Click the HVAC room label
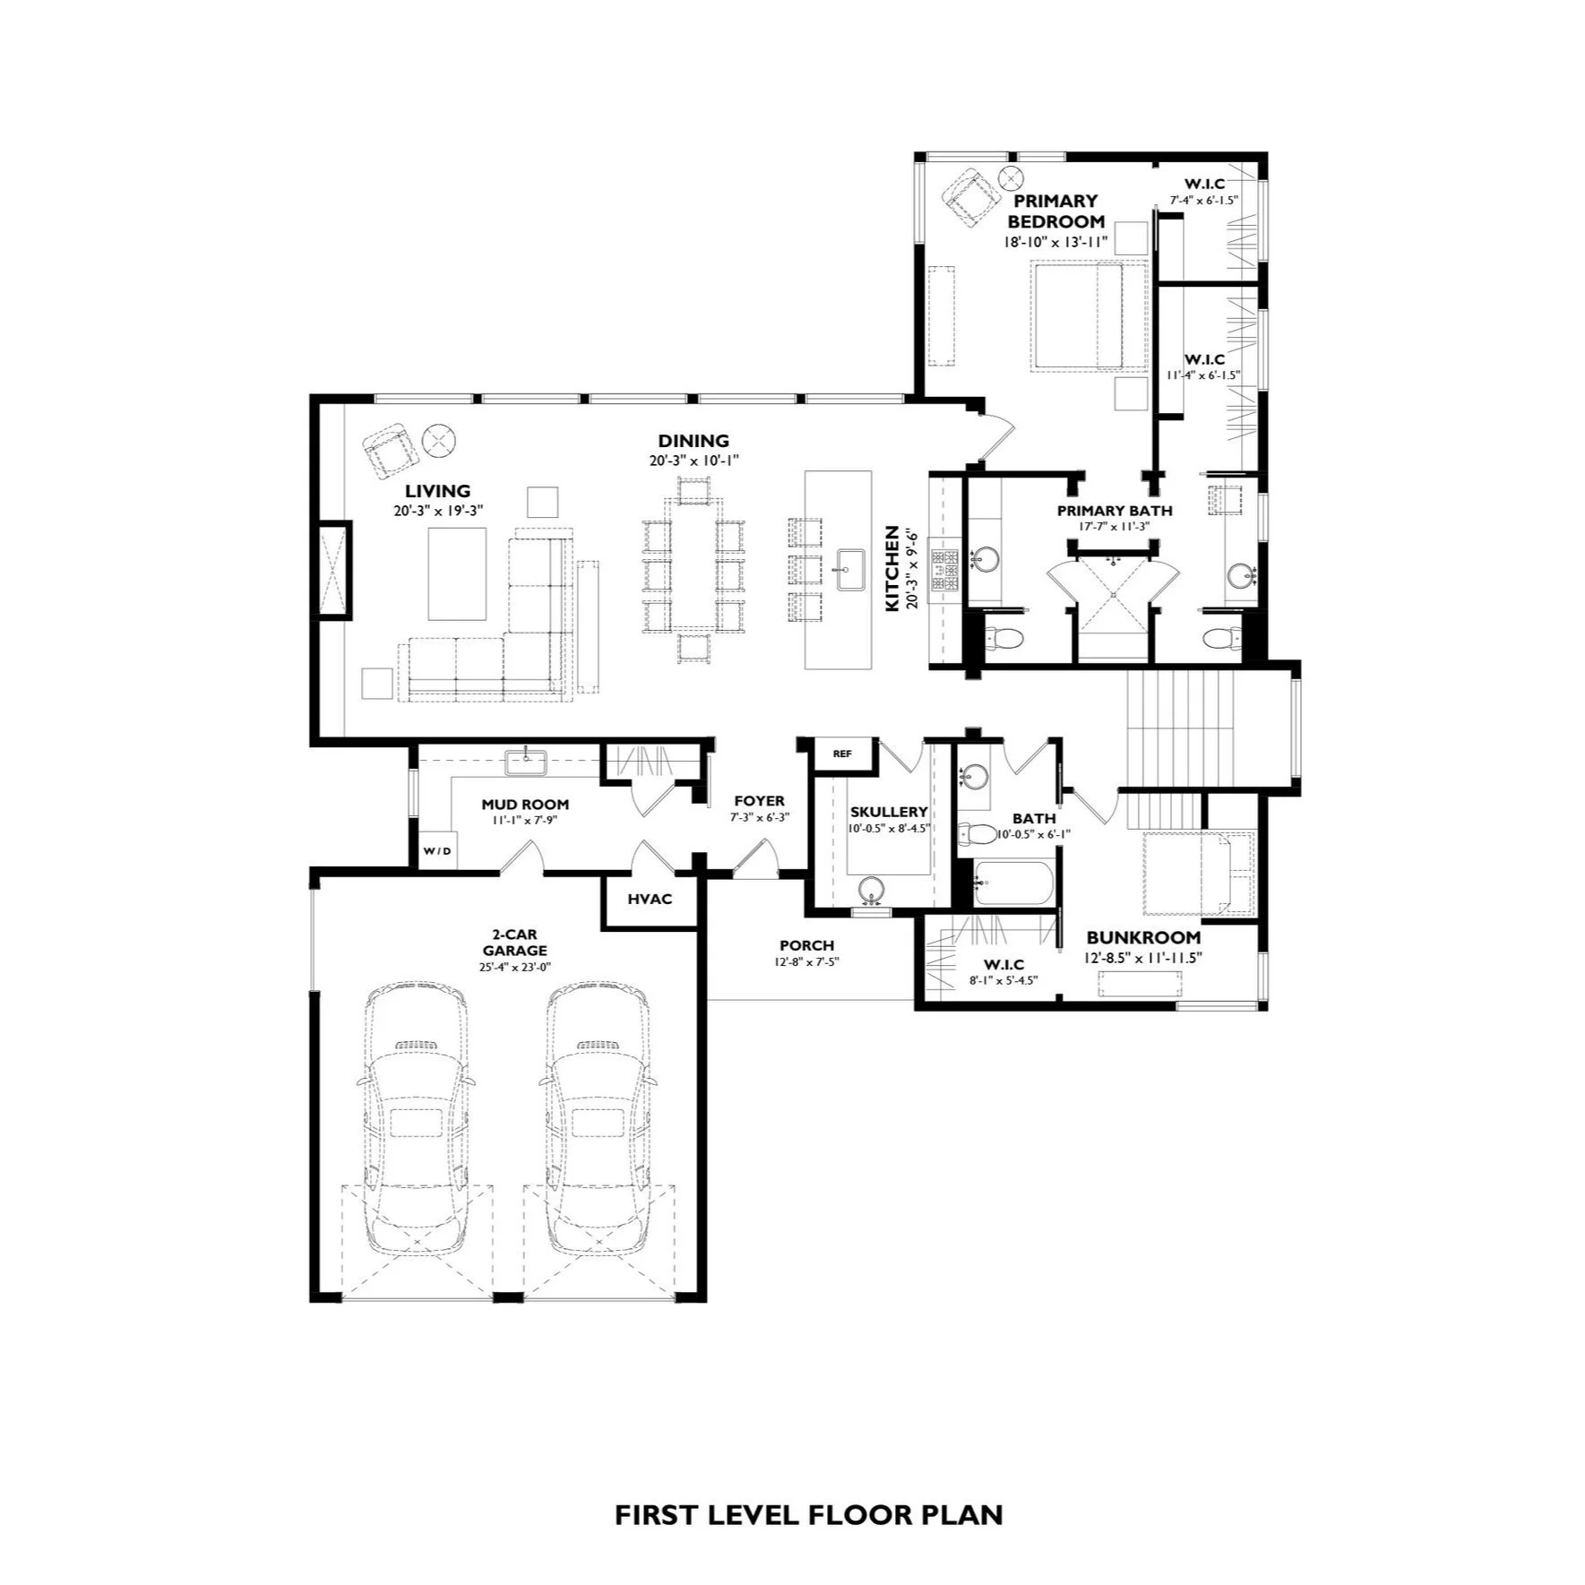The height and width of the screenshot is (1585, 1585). [650, 899]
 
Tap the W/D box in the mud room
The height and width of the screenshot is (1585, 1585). [438, 850]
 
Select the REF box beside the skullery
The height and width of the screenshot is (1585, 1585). [842, 754]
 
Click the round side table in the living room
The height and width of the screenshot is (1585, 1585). [440, 439]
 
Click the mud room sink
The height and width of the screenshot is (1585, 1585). [525, 762]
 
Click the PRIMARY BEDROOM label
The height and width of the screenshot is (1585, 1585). [1055, 211]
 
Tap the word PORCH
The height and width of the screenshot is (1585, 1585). [806, 945]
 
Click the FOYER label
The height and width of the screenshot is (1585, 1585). [759, 801]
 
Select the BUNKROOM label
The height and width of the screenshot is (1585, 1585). [1143, 937]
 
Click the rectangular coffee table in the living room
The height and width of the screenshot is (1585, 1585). [457, 573]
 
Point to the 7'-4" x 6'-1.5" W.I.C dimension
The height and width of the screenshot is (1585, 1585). [1204, 201]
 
